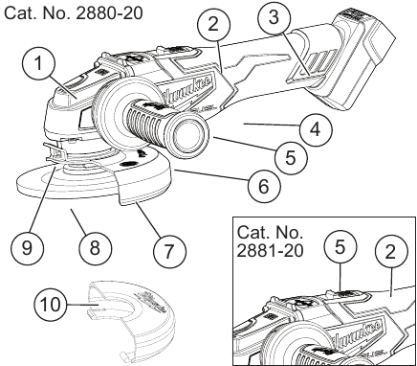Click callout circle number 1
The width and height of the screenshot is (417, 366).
(38, 62)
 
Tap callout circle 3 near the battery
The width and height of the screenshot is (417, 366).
(274, 16)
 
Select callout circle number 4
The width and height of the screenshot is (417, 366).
(316, 129)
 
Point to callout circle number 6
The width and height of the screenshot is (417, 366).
(264, 186)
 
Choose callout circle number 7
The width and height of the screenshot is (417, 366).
(169, 251)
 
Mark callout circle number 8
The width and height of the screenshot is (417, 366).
(96, 247)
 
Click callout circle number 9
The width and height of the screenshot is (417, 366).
(27, 247)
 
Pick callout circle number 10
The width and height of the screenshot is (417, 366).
(51, 304)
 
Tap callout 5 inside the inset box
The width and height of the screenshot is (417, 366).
(340, 247)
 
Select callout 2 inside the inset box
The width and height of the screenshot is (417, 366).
(391, 252)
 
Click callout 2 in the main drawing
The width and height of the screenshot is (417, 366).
(213, 24)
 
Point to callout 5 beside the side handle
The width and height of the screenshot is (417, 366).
(291, 157)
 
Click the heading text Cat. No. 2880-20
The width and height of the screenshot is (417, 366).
(73, 13)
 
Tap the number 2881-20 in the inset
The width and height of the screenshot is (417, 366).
(270, 251)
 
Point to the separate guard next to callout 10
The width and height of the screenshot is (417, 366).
(132, 320)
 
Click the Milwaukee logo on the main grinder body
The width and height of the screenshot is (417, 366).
(186, 88)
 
